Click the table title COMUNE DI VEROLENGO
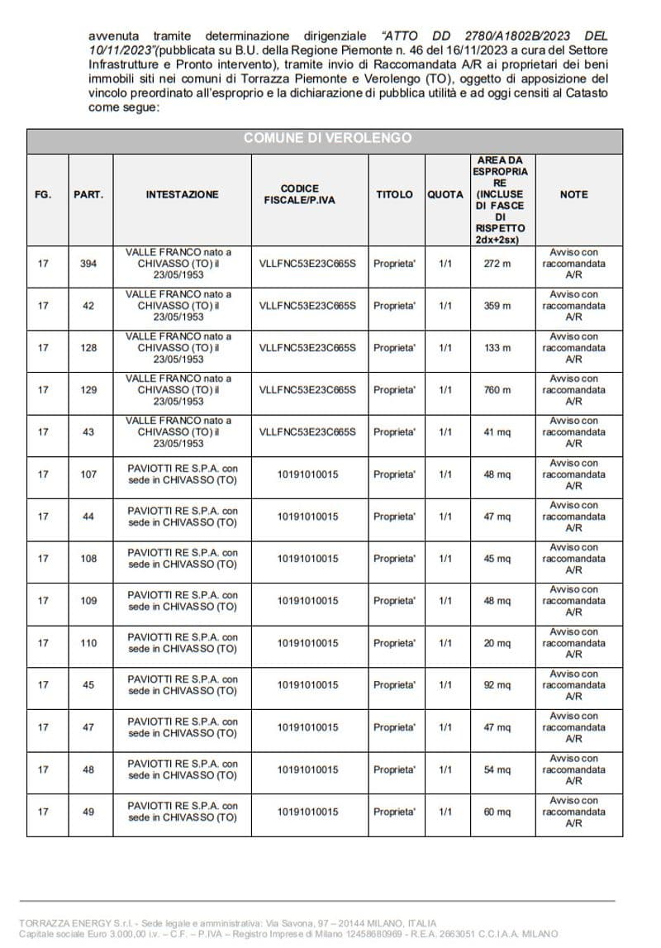coord(327,138)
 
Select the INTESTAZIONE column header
coord(182,194)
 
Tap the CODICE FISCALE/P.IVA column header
coord(299,194)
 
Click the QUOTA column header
coord(445,194)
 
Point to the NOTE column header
coord(573,194)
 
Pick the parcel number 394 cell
coord(88,264)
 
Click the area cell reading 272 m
coord(497,264)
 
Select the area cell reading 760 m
coord(497,390)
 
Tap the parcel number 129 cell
coord(88,390)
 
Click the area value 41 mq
coord(497,432)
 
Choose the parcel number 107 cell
coord(88,474)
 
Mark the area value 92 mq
coord(497,685)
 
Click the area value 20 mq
coord(497,643)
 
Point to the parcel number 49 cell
coord(88,812)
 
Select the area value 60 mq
coord(497,812)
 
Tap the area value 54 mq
coord(497,769)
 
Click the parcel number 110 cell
coord(88,643)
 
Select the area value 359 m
coord(497,306)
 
